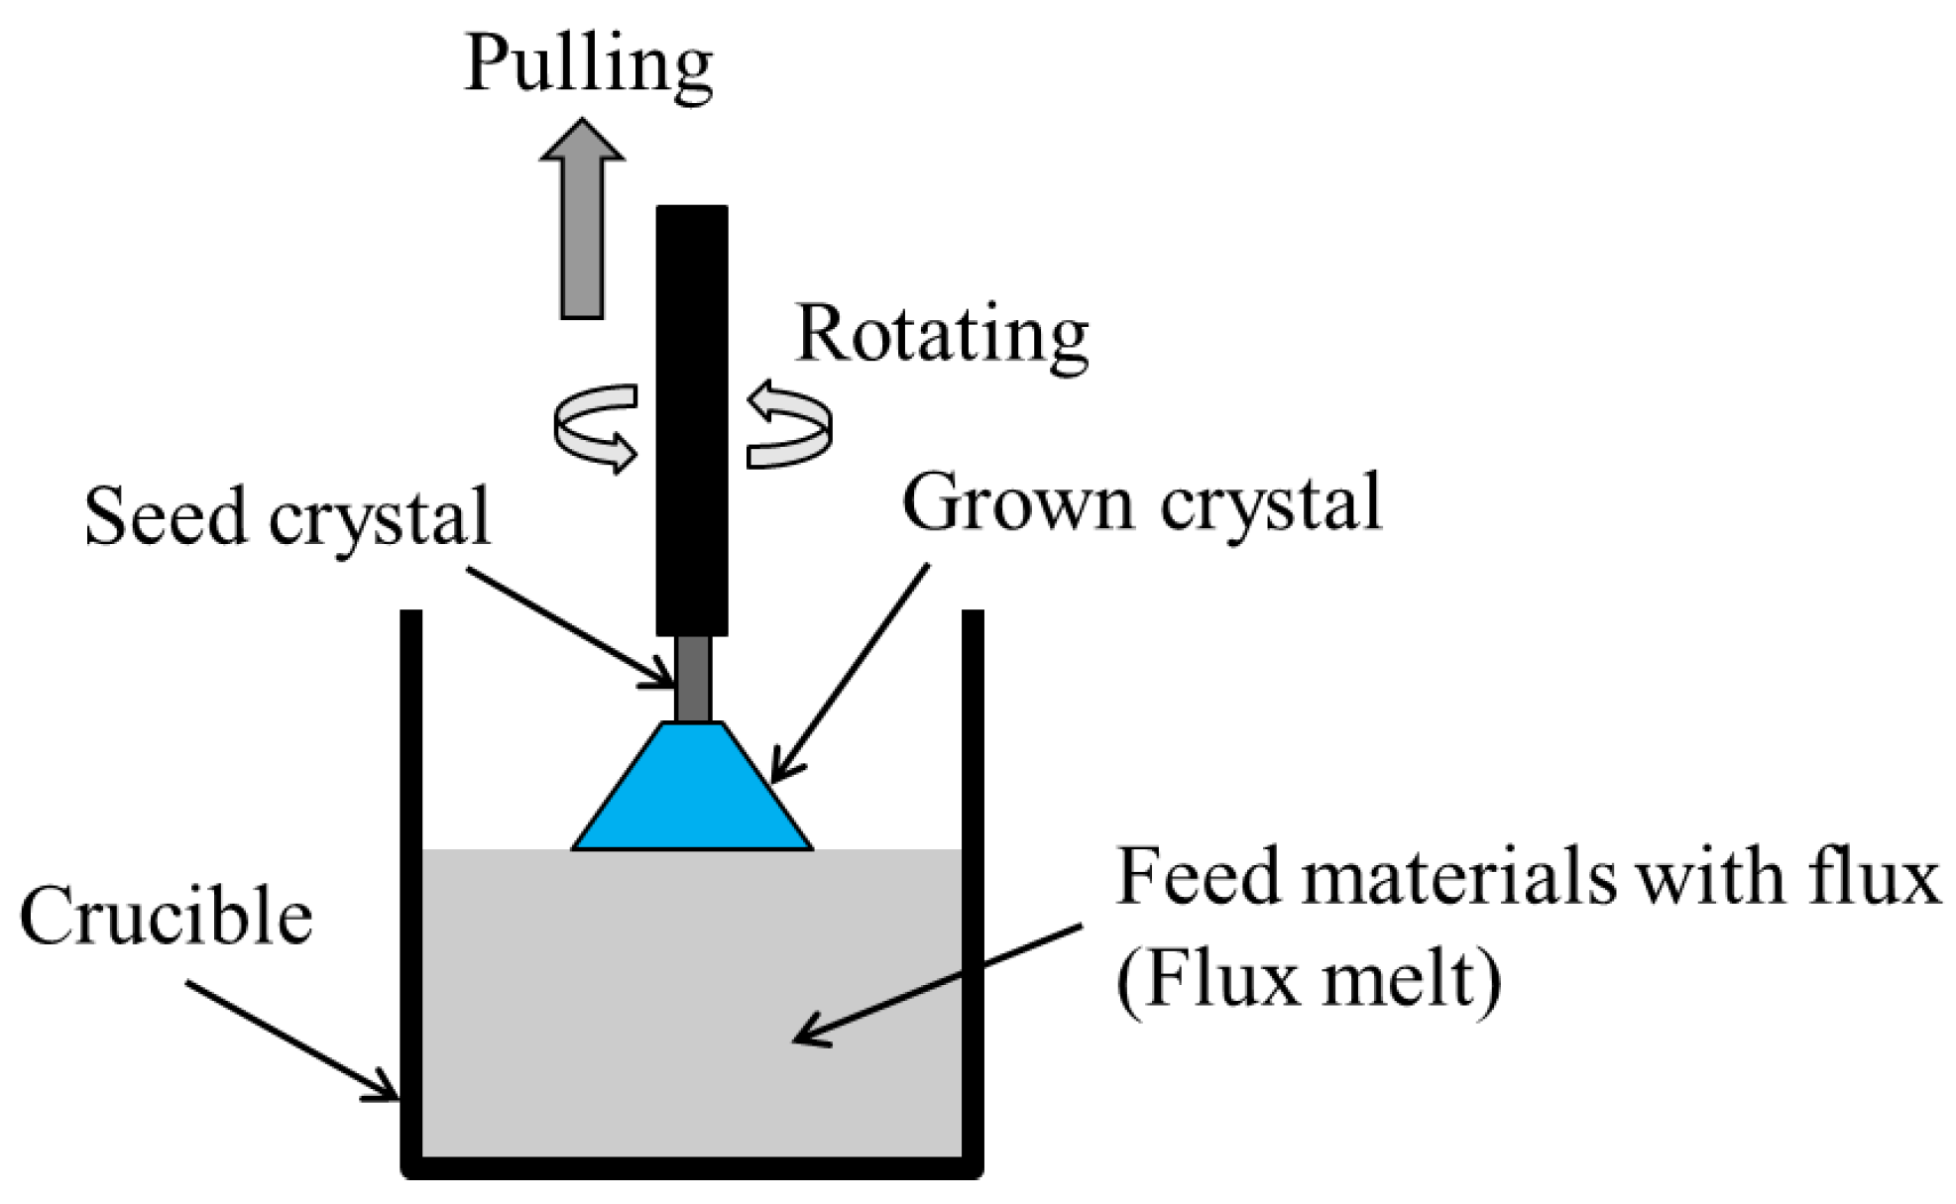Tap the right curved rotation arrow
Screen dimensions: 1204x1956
click(789, 426)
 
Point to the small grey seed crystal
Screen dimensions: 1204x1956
click(693, 678)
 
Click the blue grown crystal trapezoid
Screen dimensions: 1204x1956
click(693, 793)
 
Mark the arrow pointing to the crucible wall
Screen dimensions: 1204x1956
click(292, 1040)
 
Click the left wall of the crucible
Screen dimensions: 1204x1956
click(411, 892)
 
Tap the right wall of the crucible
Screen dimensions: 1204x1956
click(973, 892)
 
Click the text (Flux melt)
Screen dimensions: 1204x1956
click(1309, 981)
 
